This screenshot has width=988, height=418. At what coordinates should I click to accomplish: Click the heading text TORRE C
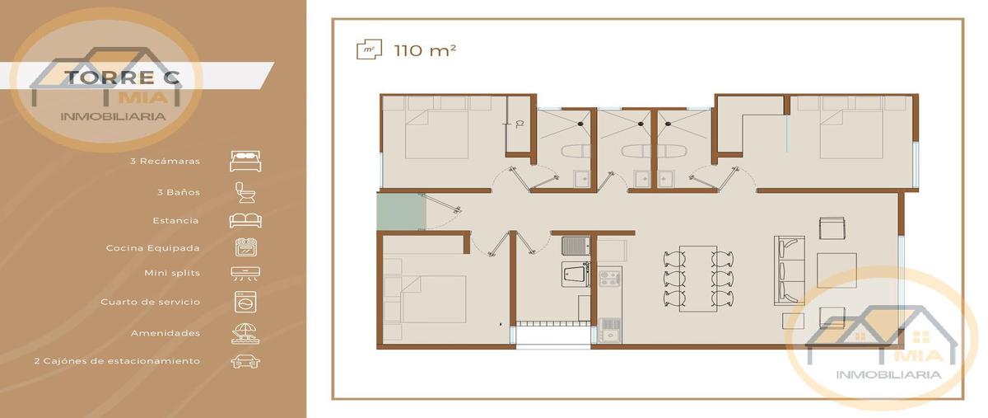point(123,77)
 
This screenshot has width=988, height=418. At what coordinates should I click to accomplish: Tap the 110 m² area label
point(425,50)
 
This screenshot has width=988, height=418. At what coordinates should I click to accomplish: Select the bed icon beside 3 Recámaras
point(245,161)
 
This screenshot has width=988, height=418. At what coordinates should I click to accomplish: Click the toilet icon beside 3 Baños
point(245,193)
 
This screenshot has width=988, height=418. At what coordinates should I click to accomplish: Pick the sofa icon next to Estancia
point(245,220)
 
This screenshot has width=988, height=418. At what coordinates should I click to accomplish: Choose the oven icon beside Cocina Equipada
point(246,247)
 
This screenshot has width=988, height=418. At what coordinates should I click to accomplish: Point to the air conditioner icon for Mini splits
point(245,274)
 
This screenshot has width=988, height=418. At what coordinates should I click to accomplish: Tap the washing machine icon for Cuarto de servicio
point(245,302)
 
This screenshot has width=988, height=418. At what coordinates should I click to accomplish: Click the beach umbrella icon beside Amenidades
point(245,333)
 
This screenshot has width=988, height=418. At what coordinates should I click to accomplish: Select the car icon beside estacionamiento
point(245,361)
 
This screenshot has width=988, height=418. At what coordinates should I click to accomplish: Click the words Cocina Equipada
point(152,248)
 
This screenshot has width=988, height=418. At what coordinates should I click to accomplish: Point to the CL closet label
point(520,124)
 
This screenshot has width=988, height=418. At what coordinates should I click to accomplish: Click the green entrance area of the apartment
point(402,211)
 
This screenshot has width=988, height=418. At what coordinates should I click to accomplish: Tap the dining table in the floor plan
point(698,279)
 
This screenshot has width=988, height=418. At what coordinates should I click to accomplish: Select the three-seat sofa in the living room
point(790,270)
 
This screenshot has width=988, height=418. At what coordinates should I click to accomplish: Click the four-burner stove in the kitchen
point(609,278)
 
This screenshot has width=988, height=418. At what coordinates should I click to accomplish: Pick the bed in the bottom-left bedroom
point(425,299)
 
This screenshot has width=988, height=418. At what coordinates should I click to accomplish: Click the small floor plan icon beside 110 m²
point(369,49)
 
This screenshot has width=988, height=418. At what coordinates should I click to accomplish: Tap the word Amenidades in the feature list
point(165,333)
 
